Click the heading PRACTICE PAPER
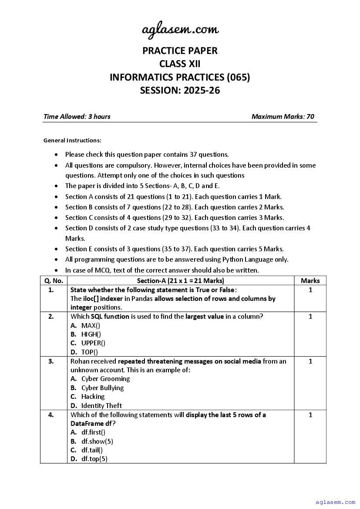pyautogui.click(x=180, y=51)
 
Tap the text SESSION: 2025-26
pyautogui.click(x=180, y=91)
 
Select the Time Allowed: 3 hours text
pyautogui.click(x=77, y=117)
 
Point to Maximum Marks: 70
pyautogui.click(x=283, y=117)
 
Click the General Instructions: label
pyautogui.click(x=72, y=140)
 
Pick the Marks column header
pyautogui.click(x=310, y=281)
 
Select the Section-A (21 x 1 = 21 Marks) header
pyautogui.click(x=180, y=281)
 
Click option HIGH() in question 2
pyautogui.click(x=91, y=334)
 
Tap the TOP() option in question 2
pyautogui.click(x=90, y=352)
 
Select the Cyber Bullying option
pyautogui.click(x=102, y=388)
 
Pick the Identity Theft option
pyautogui.click(x=101, y=406)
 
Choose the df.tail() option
pyautogui.click(x=92, y=450)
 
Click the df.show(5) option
pyautogui.click(x=97, y=441)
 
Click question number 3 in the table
pyautogui.click(x=51, y=361)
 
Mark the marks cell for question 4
pyautogui.click(x=310, y=415)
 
